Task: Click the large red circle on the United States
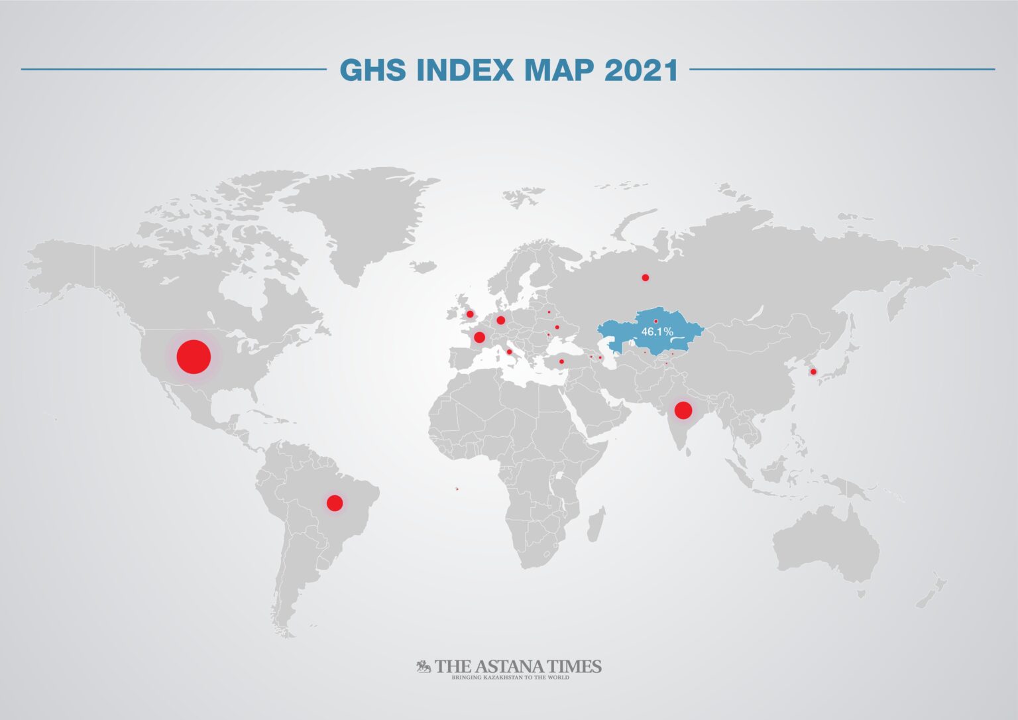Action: click(x=194, y=356)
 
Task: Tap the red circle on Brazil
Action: click(x=335, y=503)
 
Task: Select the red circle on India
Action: click(x=683, y=410)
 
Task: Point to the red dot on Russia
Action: click(x=645, y=277)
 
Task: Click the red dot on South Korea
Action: click(x=813, y=371)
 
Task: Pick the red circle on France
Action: click(x=479, y=337)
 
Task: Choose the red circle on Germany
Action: click(x=500, y=320)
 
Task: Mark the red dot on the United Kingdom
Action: click(x=470, y=314)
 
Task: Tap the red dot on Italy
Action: click(x=509, y=352)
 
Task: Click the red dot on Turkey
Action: click(x=561, y=361)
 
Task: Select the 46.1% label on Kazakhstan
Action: click(x=657, y=331)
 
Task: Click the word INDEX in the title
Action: click(x=465, y=70)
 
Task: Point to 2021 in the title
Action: click(x=641, y=70)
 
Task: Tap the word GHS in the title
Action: click(x=372, y=70)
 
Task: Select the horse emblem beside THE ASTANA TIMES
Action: click(x=424, y=666)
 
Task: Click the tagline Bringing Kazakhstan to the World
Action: click(x=510, y=678)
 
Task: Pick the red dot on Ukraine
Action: click(x=557, y=327)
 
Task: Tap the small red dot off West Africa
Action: click(x=456, y=490)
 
